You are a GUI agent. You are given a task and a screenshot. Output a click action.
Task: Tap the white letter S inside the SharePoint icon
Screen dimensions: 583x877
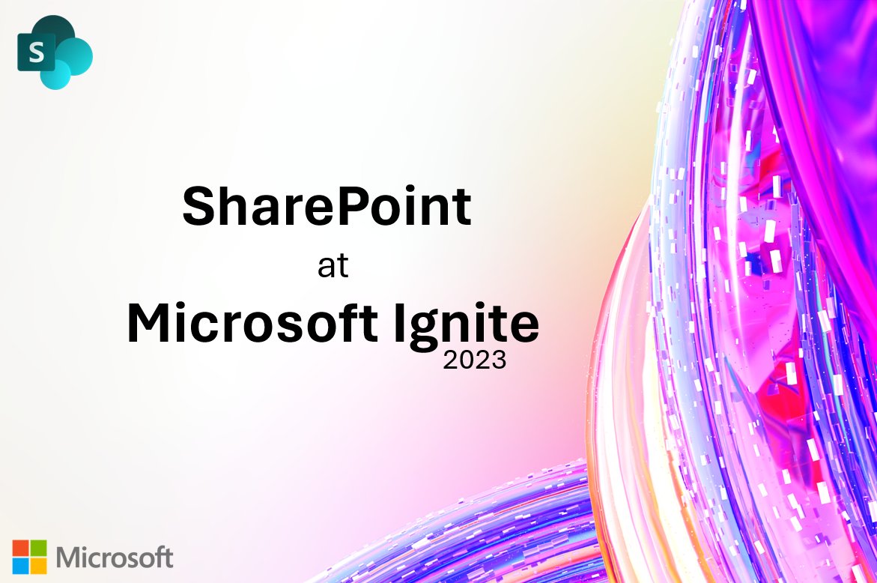(x=34, y=53)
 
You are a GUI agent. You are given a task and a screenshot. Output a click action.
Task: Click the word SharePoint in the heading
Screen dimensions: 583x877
(x=327, y=207)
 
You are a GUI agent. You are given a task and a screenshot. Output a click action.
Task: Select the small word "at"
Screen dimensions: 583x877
(x=333, y=268)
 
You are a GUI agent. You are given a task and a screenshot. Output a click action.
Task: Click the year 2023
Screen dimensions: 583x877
(x=474, y=361)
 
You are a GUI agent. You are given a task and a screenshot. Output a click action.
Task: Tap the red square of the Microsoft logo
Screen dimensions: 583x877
(x=21, y=549)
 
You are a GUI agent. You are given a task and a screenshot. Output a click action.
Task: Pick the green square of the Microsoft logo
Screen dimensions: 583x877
(x=38, y=549)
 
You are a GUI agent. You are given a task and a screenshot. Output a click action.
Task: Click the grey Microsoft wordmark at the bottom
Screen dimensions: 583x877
(x=115, y=558)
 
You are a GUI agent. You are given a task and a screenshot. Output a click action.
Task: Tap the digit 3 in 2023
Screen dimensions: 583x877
(x=498, y=361)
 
